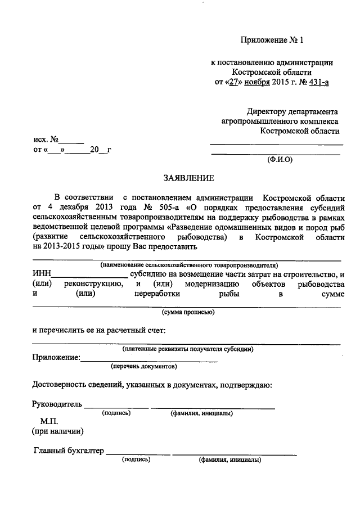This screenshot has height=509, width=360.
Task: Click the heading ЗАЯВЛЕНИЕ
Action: (188, 179)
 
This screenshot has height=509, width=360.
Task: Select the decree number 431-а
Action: (317, 83)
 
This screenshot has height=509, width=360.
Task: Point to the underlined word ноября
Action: (251, 83)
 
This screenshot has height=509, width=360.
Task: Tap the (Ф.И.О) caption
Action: (280, 159)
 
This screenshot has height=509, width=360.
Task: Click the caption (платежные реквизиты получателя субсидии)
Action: (187, 349)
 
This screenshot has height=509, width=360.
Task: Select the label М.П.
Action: (49, 421)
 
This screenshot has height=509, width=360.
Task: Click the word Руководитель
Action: (57, 404)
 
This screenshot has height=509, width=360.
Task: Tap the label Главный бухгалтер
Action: (69, 450)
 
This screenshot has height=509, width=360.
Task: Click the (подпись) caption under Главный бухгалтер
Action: (136, 460)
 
